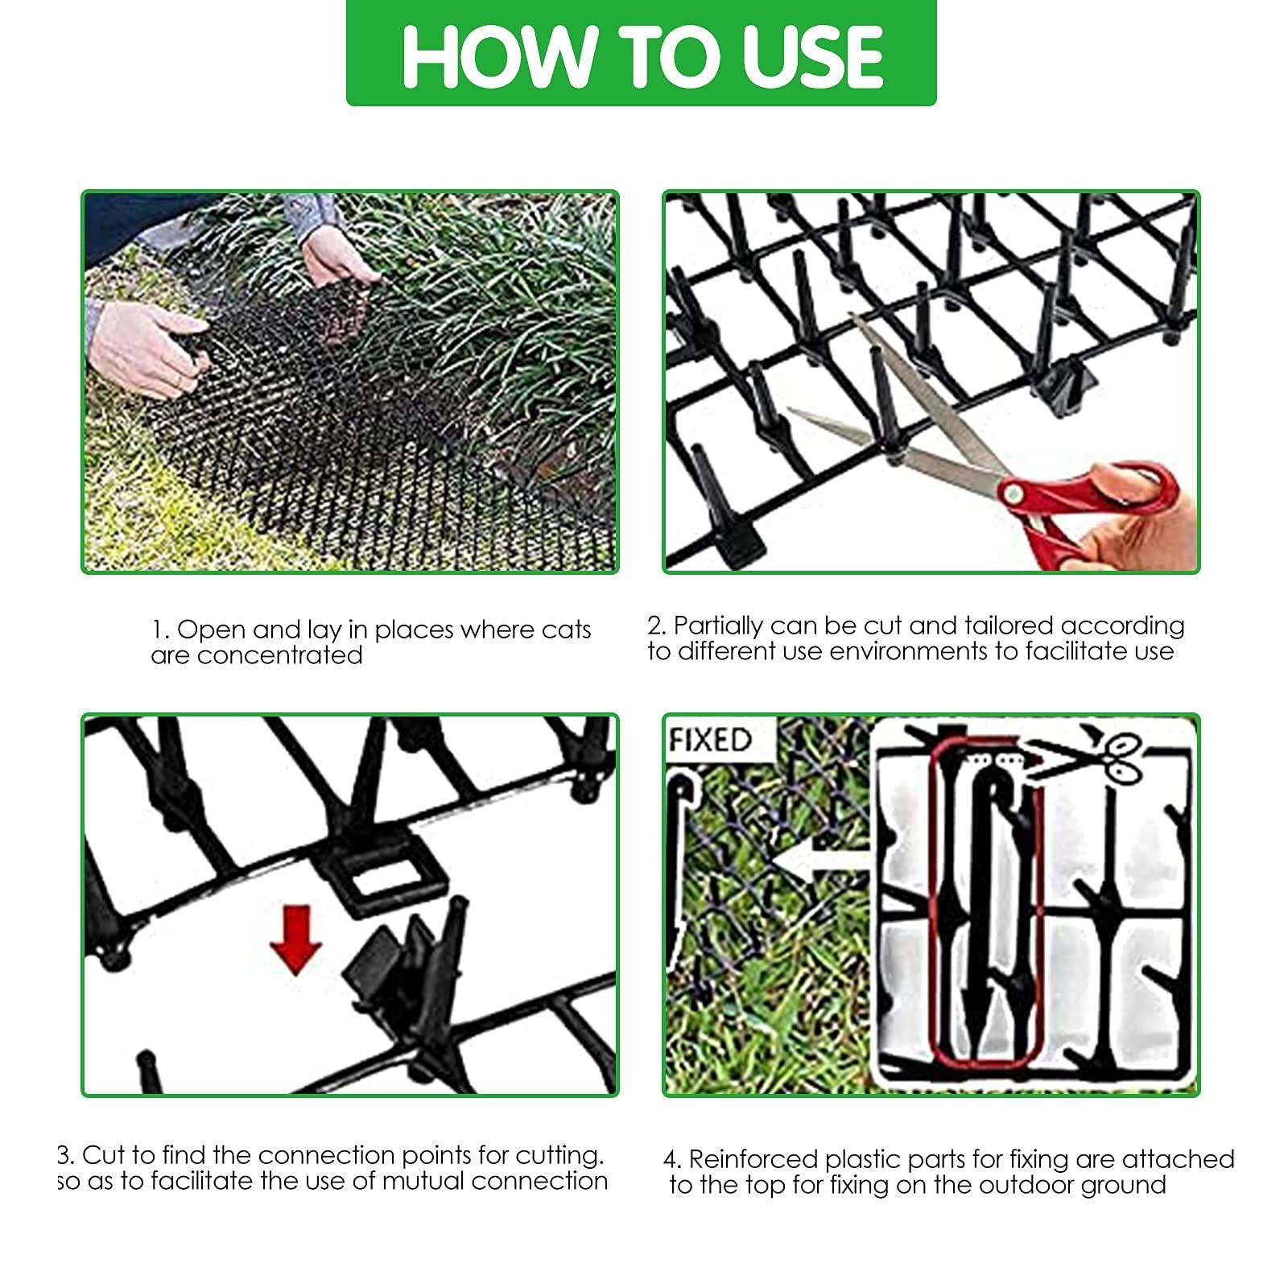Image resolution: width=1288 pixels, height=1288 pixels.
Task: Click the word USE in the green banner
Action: (x=813, y=56)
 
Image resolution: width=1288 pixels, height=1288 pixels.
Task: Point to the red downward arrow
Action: (x=296, y=939)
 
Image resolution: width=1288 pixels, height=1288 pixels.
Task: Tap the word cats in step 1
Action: (x=567, y=630)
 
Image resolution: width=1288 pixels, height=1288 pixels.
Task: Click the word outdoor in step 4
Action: (x=1025, y=1185)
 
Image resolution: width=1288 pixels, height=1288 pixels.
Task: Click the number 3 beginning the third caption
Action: (x=66, y=1155)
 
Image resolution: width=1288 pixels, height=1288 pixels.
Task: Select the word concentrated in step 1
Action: (x=279, y=655)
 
